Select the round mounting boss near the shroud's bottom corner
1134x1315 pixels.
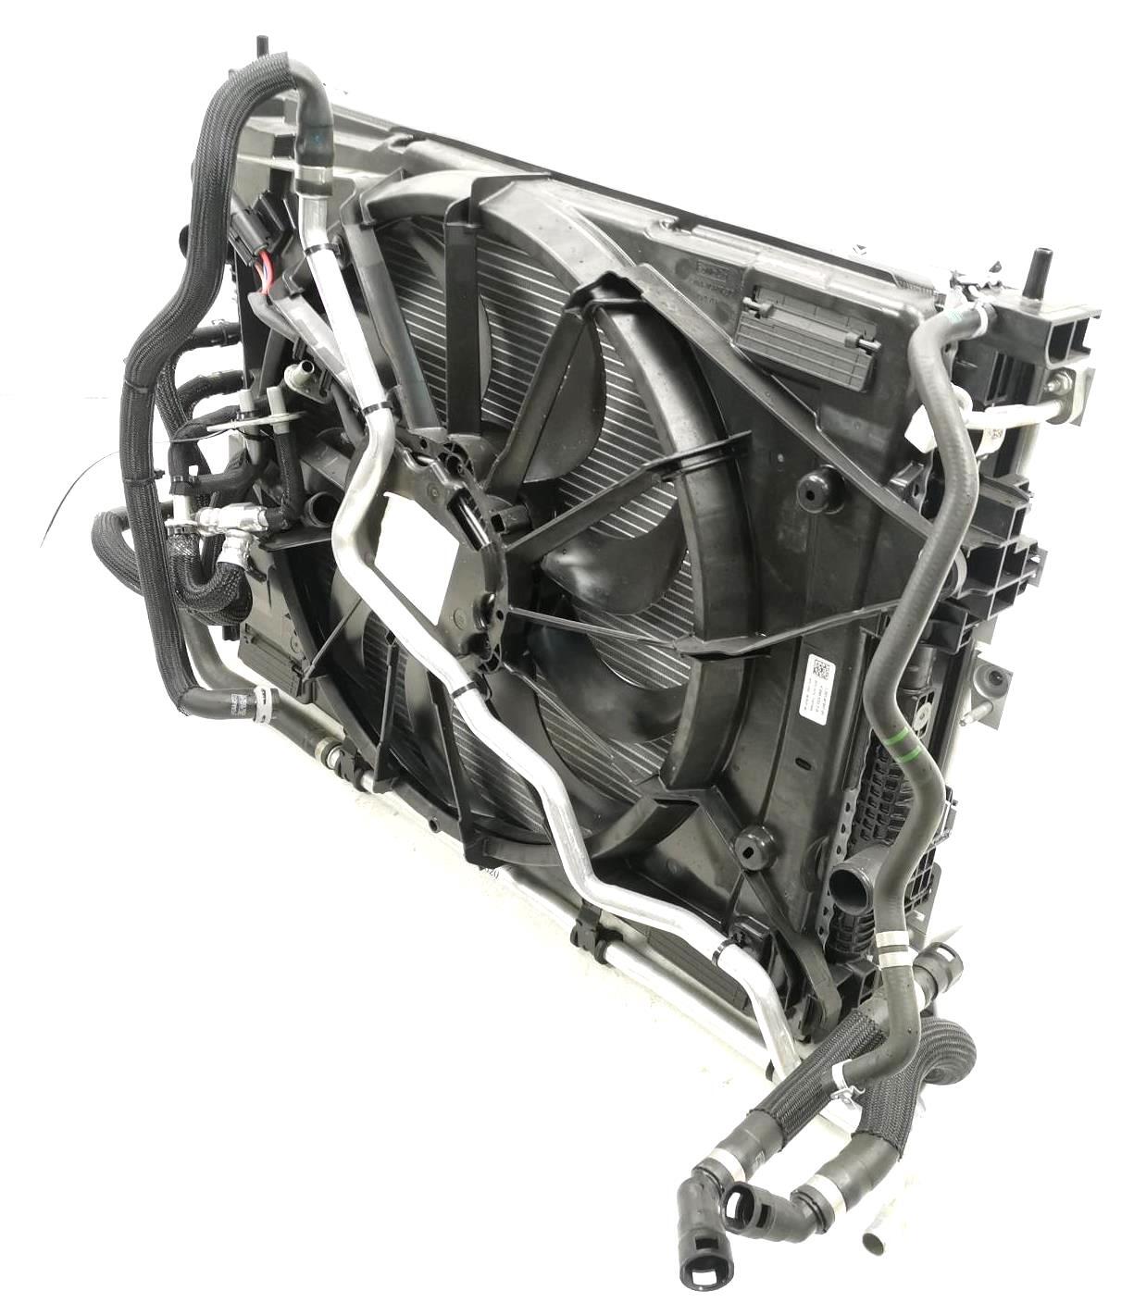click(754, 846)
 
